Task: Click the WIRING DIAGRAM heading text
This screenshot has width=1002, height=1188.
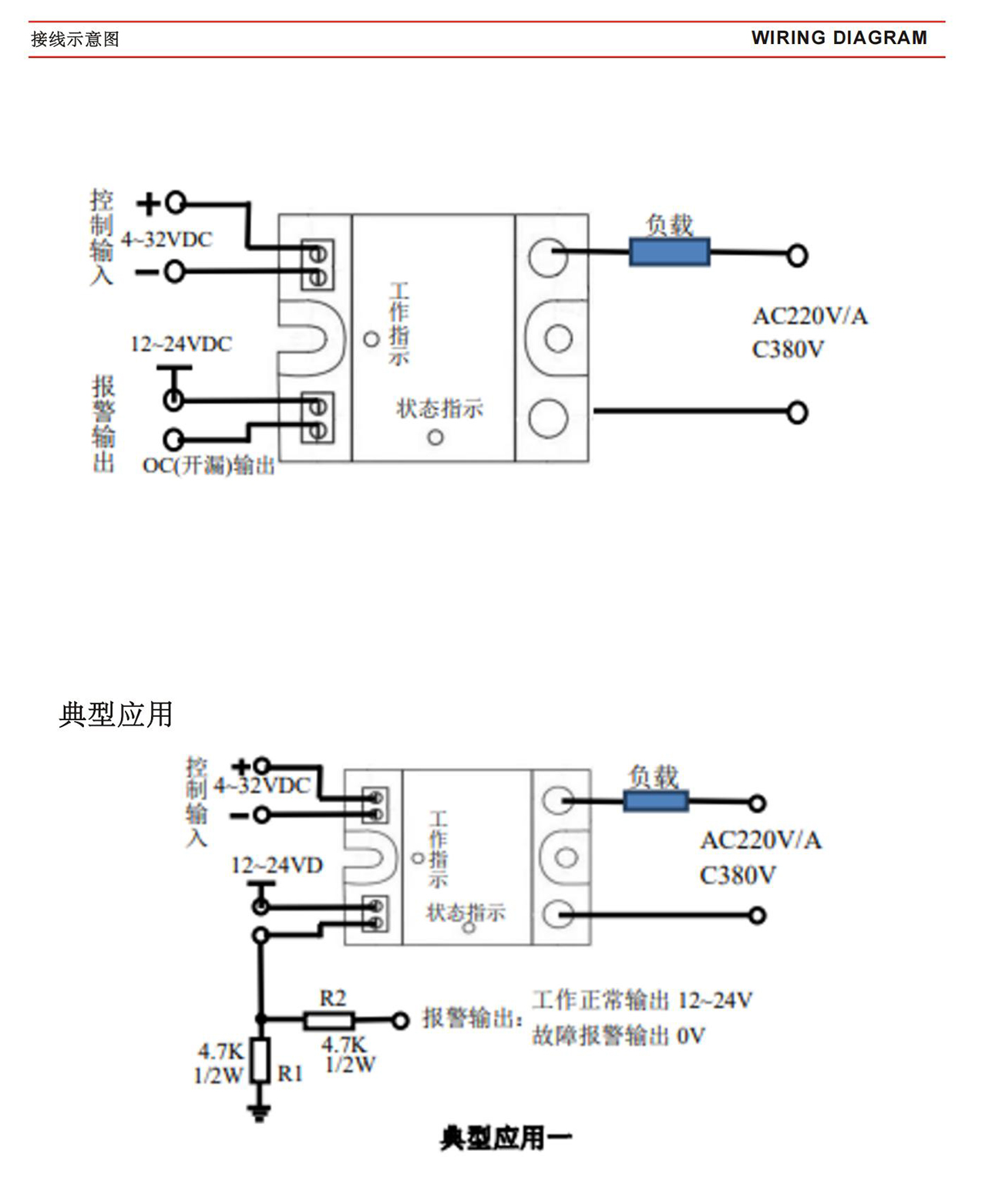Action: [839, 38]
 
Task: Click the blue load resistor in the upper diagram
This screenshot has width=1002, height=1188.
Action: [669, 253]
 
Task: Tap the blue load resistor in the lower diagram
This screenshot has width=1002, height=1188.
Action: [655, 801]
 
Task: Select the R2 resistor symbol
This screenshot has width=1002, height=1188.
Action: [329, 1021]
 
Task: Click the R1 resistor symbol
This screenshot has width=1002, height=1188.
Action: [261, 1060]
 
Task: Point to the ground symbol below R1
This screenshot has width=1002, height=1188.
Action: [259, 1112]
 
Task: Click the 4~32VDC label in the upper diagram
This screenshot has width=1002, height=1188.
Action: [166, 240]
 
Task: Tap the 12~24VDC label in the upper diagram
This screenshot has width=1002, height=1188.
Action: [181, 344]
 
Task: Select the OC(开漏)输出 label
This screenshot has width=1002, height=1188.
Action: [209, 466]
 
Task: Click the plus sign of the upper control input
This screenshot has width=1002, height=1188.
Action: [147, 204]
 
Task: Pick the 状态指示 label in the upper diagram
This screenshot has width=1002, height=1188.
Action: [439, 409]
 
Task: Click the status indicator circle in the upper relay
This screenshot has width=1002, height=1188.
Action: [435, 438]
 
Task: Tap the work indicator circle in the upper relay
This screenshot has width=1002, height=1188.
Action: [372, 338]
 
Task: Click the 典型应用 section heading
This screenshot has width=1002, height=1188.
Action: [116, 715]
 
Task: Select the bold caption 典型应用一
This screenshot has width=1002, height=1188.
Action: [506, 1138]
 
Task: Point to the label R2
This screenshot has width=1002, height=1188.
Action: [333, 998]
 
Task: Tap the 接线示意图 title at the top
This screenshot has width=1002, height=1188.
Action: [75, 39]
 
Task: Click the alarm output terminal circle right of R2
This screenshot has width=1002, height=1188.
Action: [399, 1021]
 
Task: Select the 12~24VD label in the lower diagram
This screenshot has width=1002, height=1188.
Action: [277, 865]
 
